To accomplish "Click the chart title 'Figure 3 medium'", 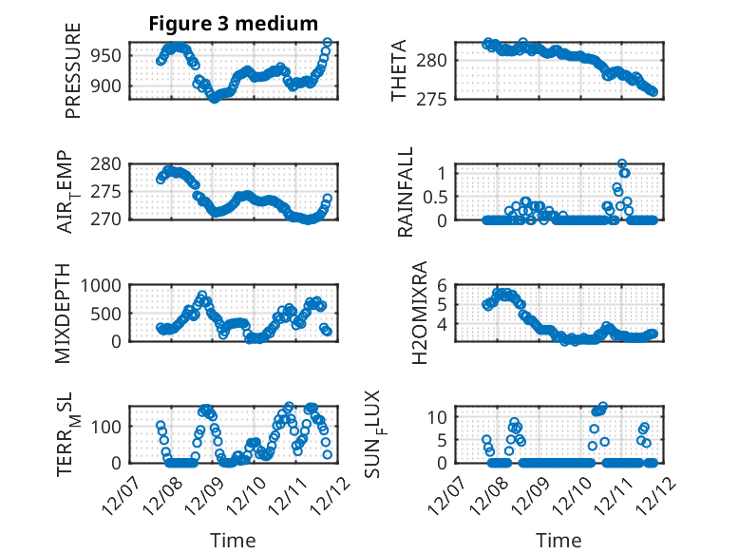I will coord(233,24).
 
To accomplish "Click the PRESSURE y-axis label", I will coord(73,71).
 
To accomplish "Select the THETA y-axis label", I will coord(399,71).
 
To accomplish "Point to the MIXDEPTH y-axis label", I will coord(64,313).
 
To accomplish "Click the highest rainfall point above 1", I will coord(622,163).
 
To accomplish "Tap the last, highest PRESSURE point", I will coord(328,43).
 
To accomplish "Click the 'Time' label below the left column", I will coord(233,541).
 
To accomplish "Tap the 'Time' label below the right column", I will coord(559,541).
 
